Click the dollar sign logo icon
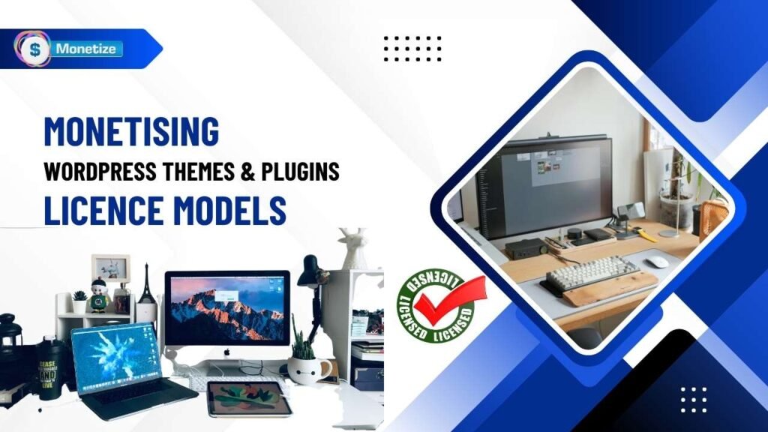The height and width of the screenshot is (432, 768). (32, 49)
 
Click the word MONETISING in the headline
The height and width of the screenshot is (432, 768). (131, 131)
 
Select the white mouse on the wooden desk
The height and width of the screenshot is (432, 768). (657, 262)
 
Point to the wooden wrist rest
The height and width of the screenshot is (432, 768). (610, 289)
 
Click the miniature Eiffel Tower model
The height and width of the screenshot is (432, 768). (147, 283)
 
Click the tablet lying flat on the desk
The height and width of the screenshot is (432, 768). (248, 398)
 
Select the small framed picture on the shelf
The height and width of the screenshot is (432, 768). (110, 268)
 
